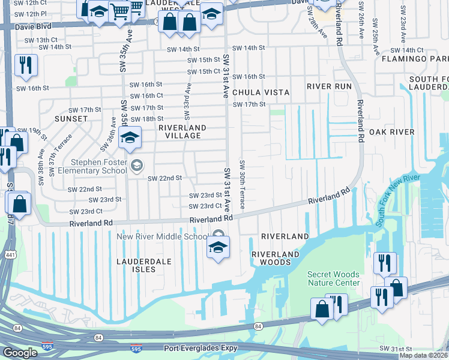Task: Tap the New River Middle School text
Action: (x=162, y=236)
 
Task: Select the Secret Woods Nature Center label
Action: (x=334, y=278)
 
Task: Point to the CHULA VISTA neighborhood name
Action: (x=261, y=92)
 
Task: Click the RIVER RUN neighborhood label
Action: (x=329, y=86)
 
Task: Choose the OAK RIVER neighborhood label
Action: (x=391, y=132)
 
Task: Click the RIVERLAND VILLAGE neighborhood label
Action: (x=182, y=131)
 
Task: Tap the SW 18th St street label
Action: (x=146, y=119)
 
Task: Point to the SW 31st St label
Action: (x=393, y=349)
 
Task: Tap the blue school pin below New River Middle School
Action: (x=217, y=248)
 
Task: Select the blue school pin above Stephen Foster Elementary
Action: (x=130, y=138)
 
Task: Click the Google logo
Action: (x=20, y=353)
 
